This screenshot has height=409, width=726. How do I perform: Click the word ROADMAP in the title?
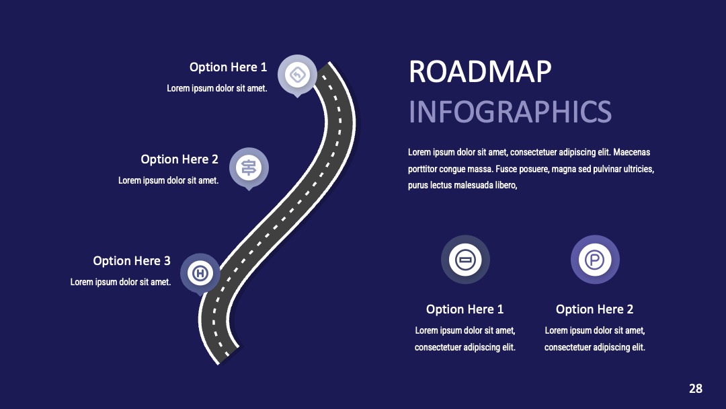[x=480, y=72]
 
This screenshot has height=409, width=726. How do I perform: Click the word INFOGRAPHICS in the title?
[x=510, y=112]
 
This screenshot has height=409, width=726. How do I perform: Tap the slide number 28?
[x=696, y=389]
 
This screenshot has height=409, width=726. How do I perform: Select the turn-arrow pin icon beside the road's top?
[x=297, y=75]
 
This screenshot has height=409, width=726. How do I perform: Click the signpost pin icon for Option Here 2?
[x=249, y=168]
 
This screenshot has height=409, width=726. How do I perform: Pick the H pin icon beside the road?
[x=200, y=273]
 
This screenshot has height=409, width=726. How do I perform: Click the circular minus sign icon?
[x=465, y=260]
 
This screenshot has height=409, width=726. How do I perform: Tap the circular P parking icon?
[x=595, y=260]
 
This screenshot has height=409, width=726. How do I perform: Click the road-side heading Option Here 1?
[x=229, y=67]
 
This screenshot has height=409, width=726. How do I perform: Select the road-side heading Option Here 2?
[x=179, y=159]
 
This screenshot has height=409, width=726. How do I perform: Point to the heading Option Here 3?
[x=132, y=261]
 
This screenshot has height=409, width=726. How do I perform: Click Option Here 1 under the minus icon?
[x=465, y=309]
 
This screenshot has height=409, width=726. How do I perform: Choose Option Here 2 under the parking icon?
[x=594, y=309]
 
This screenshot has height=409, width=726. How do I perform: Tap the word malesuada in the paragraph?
[x=474, y=185]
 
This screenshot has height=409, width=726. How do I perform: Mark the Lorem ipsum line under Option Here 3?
[x=121, y=282]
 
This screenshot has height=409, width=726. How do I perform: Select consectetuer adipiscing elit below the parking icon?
[x=594, y=347]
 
